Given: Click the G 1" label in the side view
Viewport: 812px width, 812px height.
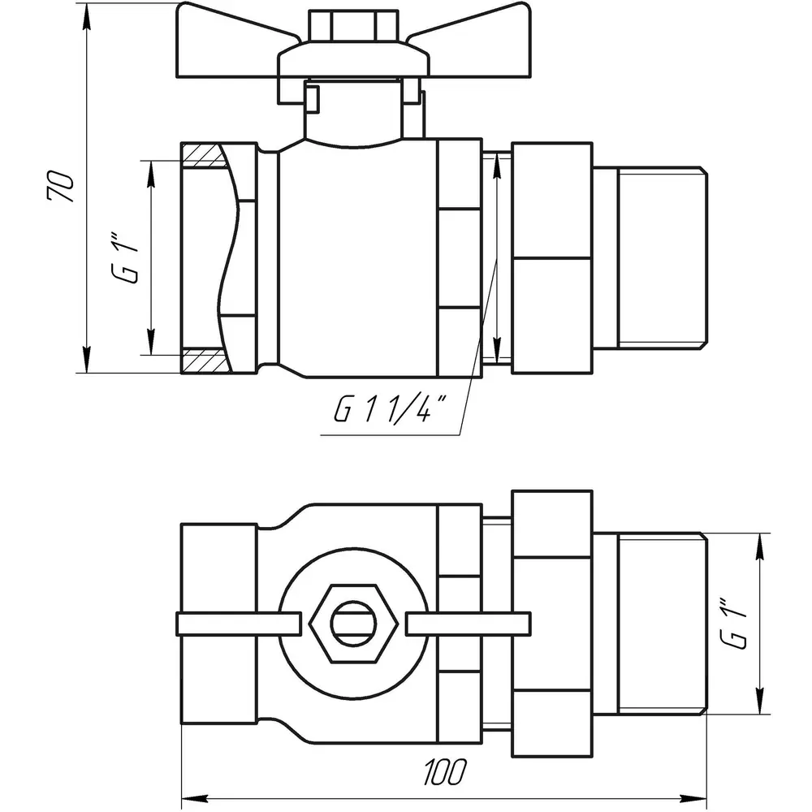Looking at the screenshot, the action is tap(126, 261).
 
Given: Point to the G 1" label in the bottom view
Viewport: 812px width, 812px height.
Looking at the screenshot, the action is tap(734, 624).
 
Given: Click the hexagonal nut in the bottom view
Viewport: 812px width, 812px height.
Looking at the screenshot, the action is tap(354, 624).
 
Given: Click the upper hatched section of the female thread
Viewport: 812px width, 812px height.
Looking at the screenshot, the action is tap(204, 157).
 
